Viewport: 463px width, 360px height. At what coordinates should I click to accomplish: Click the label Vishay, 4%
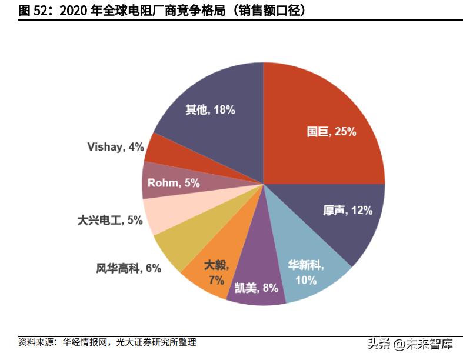coord(115,147)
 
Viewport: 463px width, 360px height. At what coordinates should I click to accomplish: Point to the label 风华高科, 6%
coord(128,268)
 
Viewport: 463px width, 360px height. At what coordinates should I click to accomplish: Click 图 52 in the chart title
coord(32,10)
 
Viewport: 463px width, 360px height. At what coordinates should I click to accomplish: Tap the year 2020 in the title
coord(72,10)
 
